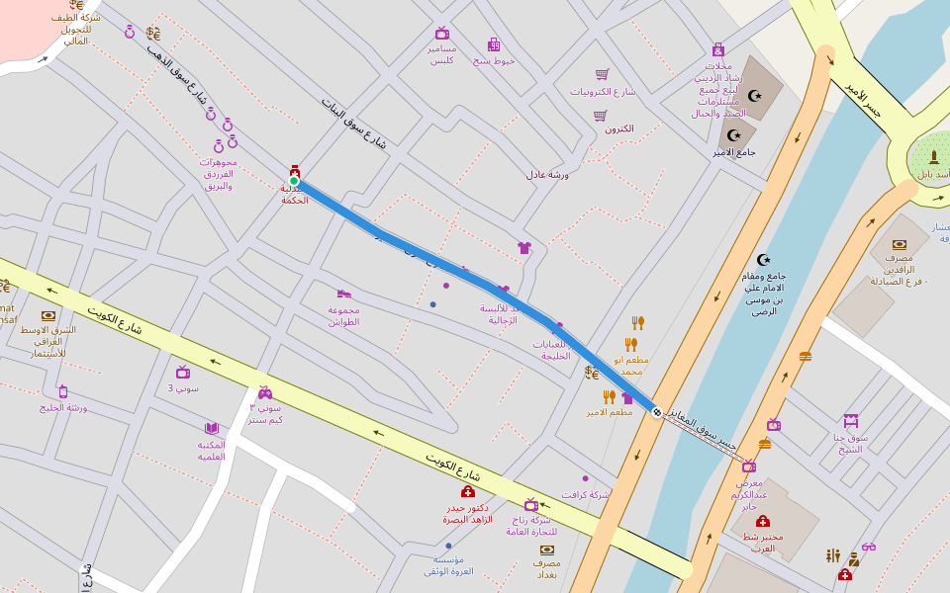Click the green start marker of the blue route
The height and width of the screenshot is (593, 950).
[294, 181]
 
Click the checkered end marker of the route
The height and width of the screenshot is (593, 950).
[656, 411]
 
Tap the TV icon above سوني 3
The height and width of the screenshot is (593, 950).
[183, 372]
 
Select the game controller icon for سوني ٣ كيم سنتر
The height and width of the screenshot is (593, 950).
[265, 392]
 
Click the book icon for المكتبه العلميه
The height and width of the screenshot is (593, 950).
[211, 428]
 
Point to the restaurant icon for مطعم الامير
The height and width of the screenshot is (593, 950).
[610, 396]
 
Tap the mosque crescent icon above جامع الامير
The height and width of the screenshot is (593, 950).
[734, 135]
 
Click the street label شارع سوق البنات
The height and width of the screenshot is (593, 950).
[353, 123]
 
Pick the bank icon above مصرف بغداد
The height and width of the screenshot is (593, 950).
[546, 549]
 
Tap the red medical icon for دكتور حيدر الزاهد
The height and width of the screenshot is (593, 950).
[468, 491]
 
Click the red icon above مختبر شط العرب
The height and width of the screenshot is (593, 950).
[762, 521]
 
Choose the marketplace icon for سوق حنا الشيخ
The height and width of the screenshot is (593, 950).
[850, 421]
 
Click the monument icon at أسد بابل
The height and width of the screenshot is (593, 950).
[933, 157]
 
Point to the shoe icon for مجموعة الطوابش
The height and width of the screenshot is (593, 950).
[343, 294]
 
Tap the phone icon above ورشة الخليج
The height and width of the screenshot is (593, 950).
[63, 391]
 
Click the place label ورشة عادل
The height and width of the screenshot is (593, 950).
[547, 174]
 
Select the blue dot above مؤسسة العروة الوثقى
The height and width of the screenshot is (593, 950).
[448, 546]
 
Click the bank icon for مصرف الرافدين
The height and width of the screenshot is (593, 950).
[899, 244]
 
